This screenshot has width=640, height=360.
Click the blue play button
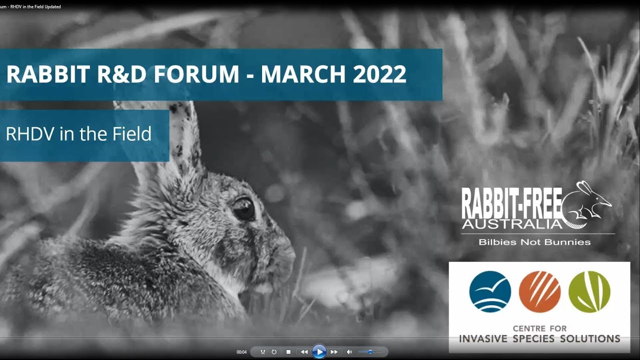click(318, 352)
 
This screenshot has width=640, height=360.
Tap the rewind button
click(304, 352)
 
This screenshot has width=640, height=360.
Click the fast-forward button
click(334, 352)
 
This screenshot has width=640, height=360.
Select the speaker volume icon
click(349, 352)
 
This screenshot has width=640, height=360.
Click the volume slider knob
click(370, 352)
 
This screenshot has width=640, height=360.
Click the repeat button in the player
click(274, 352)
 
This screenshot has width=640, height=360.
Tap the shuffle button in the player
click(263, 352)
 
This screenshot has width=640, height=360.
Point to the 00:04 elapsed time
click(241, 352)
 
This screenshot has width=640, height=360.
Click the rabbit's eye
click(243, 208)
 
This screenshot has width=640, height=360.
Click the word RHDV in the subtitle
click(30, 134)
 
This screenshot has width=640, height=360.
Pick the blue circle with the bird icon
click(490, 292)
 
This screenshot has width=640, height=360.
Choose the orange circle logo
click(539, 292)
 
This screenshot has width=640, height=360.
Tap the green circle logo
click(589, 292)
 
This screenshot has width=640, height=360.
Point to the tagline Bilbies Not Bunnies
click(534, 242)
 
